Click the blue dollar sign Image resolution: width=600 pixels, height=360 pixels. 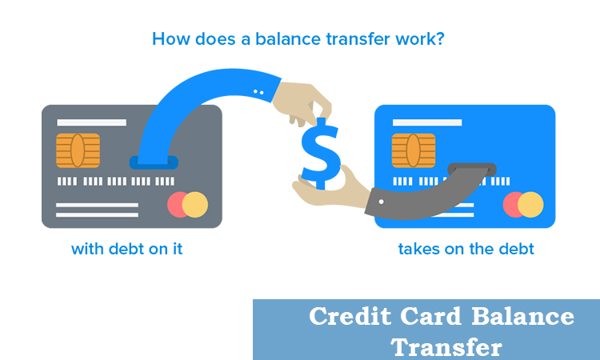321,154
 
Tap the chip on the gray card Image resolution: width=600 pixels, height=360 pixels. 78,150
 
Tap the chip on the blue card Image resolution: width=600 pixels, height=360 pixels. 414,150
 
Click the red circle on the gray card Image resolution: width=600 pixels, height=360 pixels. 176,205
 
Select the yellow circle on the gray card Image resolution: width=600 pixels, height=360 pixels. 195,205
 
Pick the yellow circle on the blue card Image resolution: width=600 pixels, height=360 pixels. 530,205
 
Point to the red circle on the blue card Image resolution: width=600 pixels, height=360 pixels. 512,205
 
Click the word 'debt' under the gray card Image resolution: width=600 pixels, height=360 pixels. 126,249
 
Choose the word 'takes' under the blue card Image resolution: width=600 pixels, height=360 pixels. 419,249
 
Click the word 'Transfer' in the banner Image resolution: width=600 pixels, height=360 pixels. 446,347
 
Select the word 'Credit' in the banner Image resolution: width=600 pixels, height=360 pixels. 350,316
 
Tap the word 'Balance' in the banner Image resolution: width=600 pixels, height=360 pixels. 522,316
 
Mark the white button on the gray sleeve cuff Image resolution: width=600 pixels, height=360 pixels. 381,202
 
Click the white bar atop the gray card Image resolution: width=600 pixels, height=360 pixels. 91,122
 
